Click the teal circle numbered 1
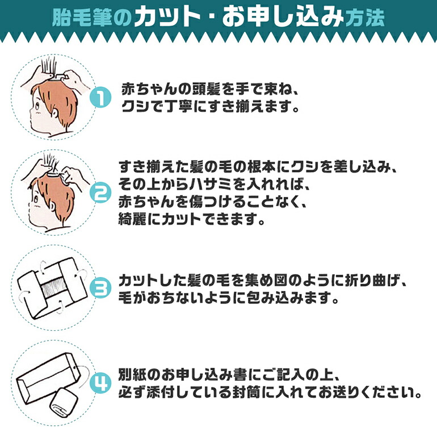[x=100, y=98]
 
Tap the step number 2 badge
[x=100, y=194]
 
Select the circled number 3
[x=100, y=289]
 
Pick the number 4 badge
[x=100, y=383]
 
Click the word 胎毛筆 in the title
[x=81, y=17]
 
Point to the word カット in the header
[x=167, y=17]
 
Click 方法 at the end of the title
[x=365, y=18]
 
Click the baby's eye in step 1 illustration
[x=37, y=106]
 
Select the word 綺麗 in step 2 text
[x=132, y=219]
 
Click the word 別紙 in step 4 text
[x=132, y=375]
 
